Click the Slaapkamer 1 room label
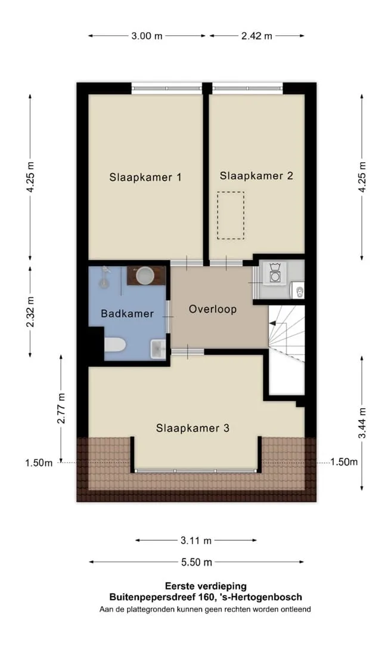tap(145, 177)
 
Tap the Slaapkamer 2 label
tap(256, 175)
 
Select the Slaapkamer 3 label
tap(193, 428)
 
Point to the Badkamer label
tap(127, 314)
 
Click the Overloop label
tap(213, 309)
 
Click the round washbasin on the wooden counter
tap(145, 276)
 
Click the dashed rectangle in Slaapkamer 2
tap(231, 215)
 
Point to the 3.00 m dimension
tap(147, 36)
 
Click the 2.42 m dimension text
tap(257, 36)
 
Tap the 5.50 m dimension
tap(197, 562)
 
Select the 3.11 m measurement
tap(196, 540)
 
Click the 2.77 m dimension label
tap(61, 408)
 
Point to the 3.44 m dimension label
tap(362, 423)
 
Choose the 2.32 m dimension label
tap(30, 311)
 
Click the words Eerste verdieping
tap(206, 586)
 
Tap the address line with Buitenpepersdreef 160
tap(206, 597)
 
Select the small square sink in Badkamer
tap(158, 349)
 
